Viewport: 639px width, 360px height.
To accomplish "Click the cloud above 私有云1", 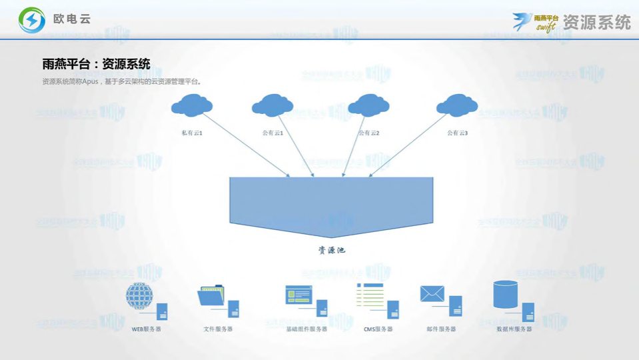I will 192,105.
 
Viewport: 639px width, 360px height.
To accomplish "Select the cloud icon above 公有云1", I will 273,105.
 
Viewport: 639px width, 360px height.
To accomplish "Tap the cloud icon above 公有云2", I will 368,105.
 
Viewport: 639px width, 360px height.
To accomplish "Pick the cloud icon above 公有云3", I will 457,105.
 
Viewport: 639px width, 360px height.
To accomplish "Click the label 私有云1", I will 192,133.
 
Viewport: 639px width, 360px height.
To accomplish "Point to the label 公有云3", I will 457,133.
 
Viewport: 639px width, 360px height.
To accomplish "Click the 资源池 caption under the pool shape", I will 331,251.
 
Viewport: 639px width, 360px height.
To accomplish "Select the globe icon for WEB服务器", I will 139,295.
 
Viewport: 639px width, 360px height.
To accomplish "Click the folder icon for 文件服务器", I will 211,296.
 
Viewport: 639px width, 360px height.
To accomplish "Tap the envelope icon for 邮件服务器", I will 432,293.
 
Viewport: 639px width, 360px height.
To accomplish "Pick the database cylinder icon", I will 505,294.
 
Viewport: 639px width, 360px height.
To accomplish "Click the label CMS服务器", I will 378,329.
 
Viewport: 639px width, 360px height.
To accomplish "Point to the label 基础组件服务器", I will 307,329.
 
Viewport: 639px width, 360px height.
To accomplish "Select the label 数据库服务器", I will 514,329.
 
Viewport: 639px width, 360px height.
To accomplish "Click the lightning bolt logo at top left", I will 32,20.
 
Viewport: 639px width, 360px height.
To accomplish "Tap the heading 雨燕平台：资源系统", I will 96,64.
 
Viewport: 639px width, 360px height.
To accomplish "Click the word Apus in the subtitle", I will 89,81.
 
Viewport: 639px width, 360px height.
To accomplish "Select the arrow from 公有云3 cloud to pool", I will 408,145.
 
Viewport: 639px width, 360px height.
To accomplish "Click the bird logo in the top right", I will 522,21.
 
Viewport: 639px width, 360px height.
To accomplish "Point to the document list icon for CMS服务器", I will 370,295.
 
